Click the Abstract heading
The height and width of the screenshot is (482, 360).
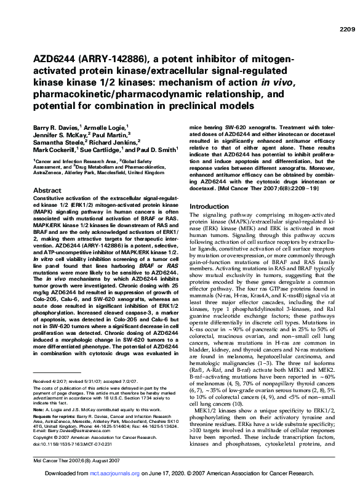pyautogui.click(x=47, y=191)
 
